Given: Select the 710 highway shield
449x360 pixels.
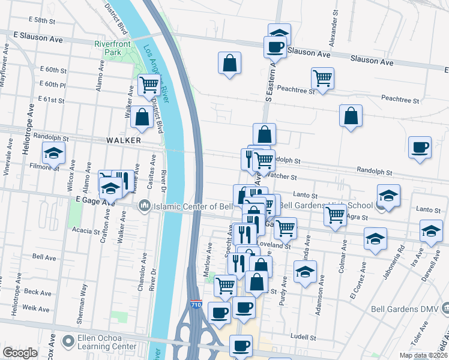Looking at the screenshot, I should [195, 305].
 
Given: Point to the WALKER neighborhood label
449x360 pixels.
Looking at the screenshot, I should [123, 140].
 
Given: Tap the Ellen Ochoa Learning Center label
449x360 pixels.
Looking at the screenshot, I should [106, 342].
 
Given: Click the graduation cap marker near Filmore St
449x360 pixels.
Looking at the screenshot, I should [53, 154].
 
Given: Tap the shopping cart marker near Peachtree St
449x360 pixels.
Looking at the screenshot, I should [323, 78].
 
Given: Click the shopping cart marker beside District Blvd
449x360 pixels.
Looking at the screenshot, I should [149, 85].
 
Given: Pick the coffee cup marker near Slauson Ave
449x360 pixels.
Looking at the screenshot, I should [276, 47].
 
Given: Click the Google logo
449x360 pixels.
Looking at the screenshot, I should [20, 353].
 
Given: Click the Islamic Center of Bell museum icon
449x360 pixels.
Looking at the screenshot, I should [144, 207].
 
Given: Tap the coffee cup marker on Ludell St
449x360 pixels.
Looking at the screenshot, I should [241, 346].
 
